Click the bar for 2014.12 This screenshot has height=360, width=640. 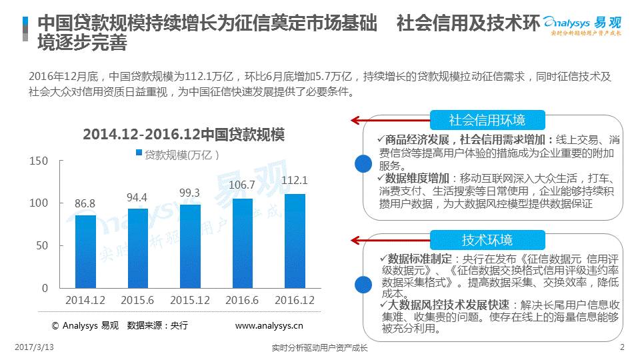(x=85, y=251)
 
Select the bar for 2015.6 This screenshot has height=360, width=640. (x=138, y=248)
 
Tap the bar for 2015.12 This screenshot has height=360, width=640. (x=190, y=246)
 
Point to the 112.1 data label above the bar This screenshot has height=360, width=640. (x=295, y=180)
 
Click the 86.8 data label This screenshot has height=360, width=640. (x=85, y=203)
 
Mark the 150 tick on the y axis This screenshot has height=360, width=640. (x=39, y=161)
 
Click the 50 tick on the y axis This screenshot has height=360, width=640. (x=42, y=245)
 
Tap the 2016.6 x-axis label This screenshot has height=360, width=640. (x=243, y=301)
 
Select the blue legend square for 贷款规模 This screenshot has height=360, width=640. (x=139, y=153)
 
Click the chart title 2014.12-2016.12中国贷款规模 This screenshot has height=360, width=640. (x=183, y=135)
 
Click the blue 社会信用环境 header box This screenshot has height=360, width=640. (x=487, y=120)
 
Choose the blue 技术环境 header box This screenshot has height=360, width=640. (x=487, y=240)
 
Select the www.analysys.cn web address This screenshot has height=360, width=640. (x=269, y=326)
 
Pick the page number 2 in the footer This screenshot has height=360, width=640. (x=622, y=347)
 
